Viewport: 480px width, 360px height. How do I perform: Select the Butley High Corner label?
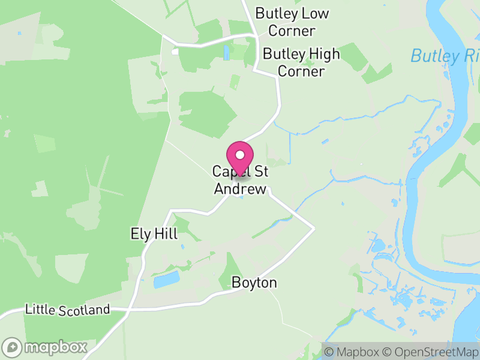(x=301, y=62)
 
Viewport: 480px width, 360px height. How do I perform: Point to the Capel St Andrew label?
(x=240, y=180)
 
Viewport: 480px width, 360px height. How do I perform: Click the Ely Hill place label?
(x=154, y=234)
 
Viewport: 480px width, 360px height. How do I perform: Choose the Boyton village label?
(x=254, y=283)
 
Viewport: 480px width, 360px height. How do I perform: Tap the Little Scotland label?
(x=67, y=310)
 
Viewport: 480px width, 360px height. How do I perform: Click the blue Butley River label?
(x=444, y=56)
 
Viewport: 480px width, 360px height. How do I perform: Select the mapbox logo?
(x=45, y=347)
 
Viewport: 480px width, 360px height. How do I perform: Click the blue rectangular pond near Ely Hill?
(x=166, y=280)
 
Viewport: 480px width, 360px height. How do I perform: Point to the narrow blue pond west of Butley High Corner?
(x=226, y=53)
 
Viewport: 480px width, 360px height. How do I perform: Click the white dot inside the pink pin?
(x=240, y=154)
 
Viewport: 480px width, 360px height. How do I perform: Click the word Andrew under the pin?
(x=240, y=188)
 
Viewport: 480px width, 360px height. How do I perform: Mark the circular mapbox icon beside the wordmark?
(x=12, y=347)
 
